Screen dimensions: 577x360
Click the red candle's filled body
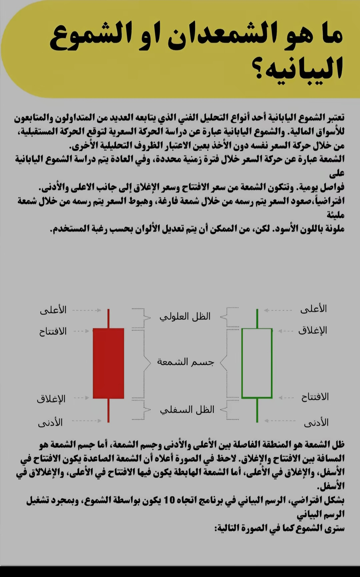pos(108,363)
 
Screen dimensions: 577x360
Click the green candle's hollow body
pos(257,363)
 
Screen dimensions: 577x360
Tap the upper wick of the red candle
pos(108,319)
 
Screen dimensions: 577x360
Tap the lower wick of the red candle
pos(108,410)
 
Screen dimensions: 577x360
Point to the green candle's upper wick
pos(257,319)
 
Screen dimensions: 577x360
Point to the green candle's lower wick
pos(257,410)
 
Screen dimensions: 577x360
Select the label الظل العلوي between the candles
pos(185,317)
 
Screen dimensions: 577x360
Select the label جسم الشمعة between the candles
pos(185,362)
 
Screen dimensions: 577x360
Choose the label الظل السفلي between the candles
pos(187,410)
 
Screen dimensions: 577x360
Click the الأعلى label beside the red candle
pos(53,310)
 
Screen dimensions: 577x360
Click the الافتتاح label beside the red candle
pos(53,332)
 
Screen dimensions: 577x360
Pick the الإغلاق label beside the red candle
pos(51,399)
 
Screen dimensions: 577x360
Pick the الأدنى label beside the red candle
pos(50,423)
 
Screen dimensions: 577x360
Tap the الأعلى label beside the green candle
pos(314,309)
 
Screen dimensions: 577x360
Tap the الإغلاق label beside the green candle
pos(313,330)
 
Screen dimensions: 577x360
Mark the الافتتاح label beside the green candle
pos(315,397)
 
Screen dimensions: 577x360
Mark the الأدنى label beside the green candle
pos(316,423)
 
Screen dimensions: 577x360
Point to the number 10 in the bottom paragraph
pos(169,500)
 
